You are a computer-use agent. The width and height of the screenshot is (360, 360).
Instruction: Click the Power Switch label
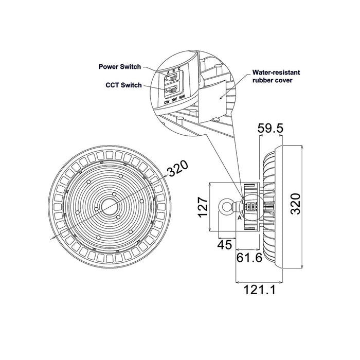tap(120, 67)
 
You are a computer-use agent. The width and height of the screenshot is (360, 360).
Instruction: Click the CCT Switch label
tap(124, 85)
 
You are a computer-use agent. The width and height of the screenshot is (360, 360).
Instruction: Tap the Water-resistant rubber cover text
tap(276, 76)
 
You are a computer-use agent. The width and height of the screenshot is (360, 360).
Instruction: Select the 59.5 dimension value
tap(271, 129)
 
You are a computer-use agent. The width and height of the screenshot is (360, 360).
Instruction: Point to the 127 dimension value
tap(204, 207)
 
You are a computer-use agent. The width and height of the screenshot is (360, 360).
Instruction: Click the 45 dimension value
tap(225, 245)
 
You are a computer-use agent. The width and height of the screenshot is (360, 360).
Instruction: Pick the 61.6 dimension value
tap(249, 258)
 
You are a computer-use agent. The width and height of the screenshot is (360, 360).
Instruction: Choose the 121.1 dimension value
tap(259, 290)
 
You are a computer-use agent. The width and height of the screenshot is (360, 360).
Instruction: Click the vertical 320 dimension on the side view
tap(295, 204)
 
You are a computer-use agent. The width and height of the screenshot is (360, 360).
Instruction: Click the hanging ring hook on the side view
tap(226, 207)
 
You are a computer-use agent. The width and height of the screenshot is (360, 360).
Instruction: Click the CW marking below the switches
tap(167, 102)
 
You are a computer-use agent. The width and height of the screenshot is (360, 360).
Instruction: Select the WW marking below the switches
tap(182, 97)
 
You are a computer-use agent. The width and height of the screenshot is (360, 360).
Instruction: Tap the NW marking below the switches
tap(174, 100)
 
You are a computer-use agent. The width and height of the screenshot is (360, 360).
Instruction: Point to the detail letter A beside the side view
tap(240, 218)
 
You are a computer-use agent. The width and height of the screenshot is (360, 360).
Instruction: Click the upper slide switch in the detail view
tap(171, 78)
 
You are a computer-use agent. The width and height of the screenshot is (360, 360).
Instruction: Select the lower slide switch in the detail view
tap(171, 89)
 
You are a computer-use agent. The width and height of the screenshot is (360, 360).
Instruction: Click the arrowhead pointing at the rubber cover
tap(221, 98)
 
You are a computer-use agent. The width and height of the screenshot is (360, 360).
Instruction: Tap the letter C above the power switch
tap(179, 68)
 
